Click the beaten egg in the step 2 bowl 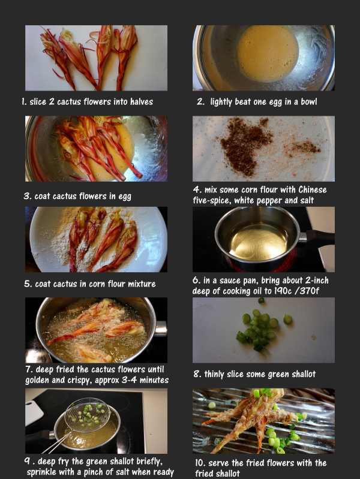(x=268, y=54)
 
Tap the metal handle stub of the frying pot (x=161, y=329)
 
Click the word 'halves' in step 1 (x=142, y=102)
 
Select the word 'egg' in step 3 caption (x=124, y=197)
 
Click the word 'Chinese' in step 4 (x=313, y=189)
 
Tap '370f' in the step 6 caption (x=309, y=291)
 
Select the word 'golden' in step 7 (x=37, y=380)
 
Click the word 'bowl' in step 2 (x=309, y=102)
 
